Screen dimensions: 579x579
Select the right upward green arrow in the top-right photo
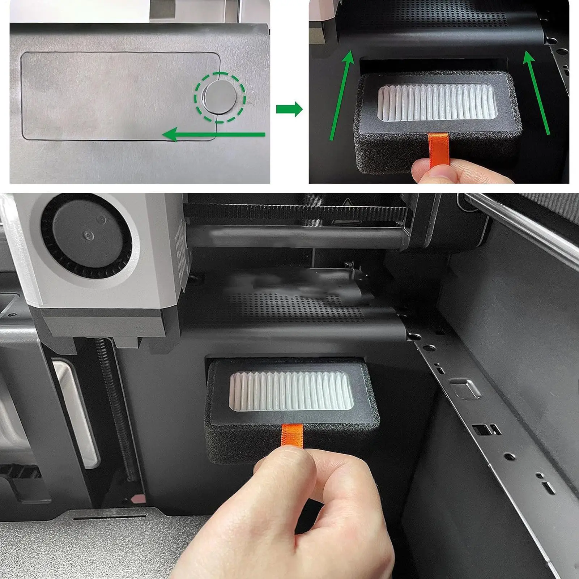tap(537, 92)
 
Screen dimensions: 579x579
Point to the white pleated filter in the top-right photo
tap(436, 103)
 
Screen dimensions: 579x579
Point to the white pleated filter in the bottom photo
tap(291, 393)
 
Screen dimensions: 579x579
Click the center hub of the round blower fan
tap(88, 236)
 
